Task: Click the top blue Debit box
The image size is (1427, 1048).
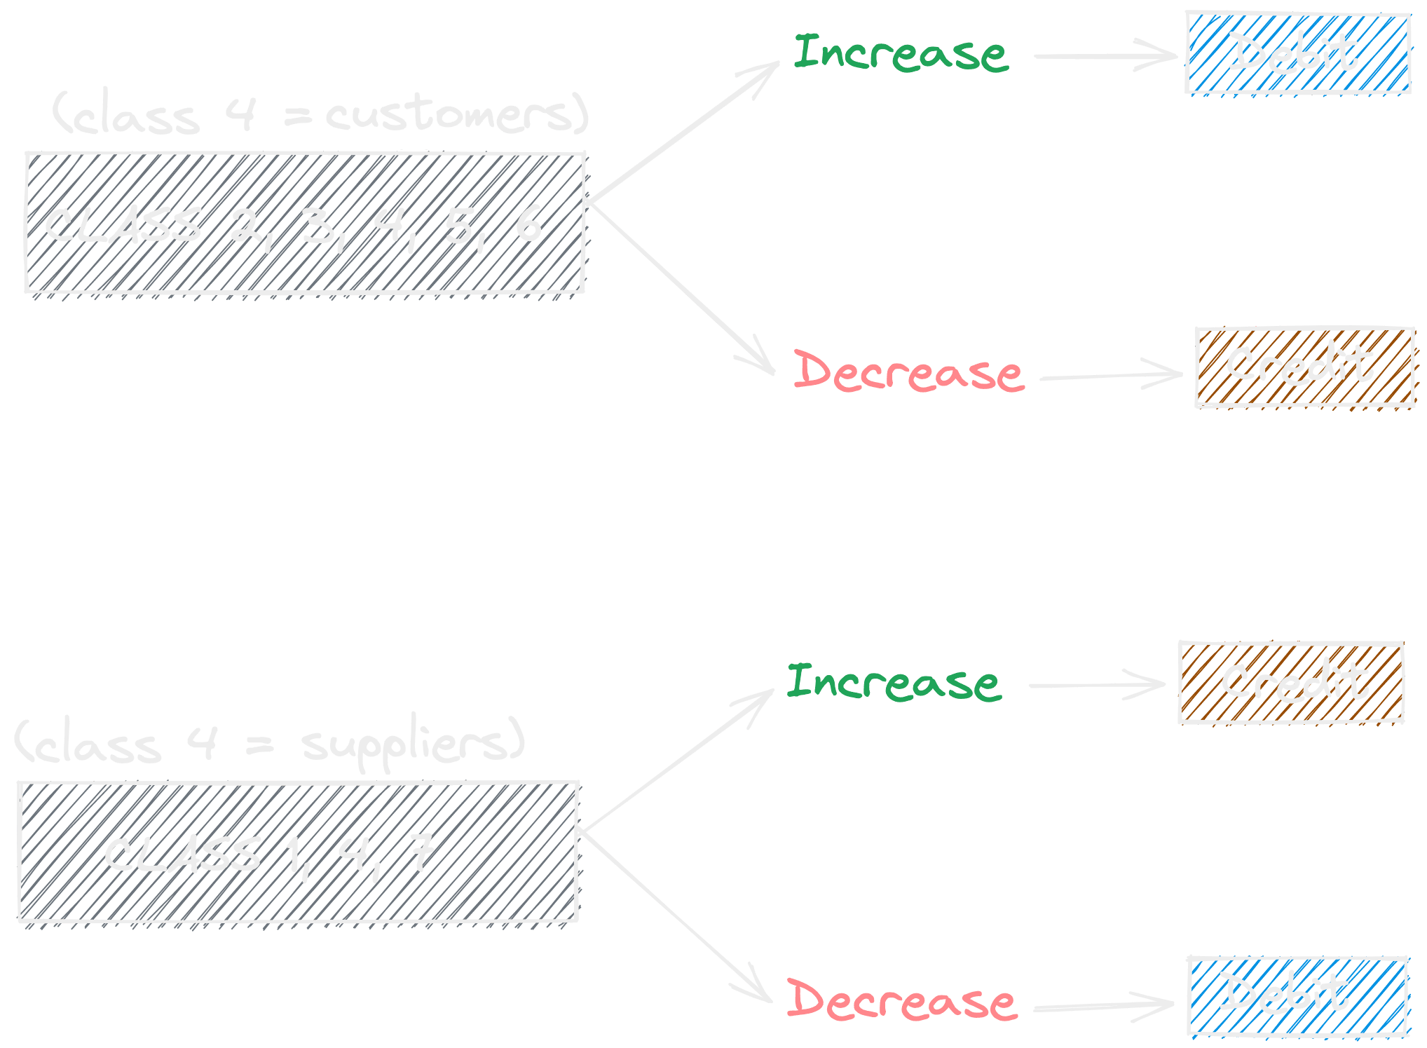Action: (1297, 53)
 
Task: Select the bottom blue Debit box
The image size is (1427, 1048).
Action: (1297, 995)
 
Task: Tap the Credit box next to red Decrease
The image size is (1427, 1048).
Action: (1304, 367)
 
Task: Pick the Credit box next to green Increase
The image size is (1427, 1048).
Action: (1291, 682)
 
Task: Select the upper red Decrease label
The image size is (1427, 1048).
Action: (908, 372)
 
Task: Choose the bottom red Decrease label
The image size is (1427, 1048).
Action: (901, 1000)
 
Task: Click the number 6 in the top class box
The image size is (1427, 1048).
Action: (528, 224)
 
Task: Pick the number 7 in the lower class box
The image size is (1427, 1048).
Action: (422, 852)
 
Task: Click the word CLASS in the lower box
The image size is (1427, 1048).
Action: (182, 855)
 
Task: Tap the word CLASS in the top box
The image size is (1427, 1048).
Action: (123, 226)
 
